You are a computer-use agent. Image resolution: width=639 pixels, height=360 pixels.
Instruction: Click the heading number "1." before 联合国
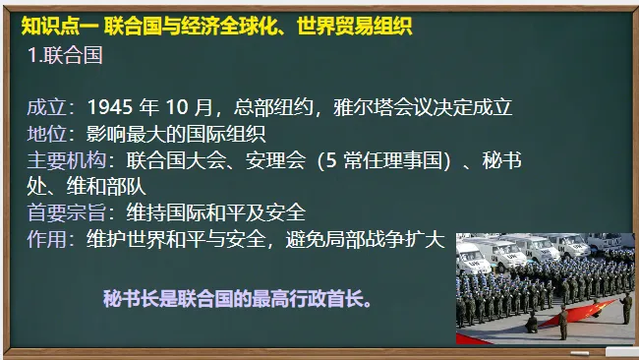[36, 56]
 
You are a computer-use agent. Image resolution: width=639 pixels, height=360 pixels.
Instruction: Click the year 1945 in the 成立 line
[110, 107]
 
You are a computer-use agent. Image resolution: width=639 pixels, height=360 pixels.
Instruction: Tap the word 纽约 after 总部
[297, 107]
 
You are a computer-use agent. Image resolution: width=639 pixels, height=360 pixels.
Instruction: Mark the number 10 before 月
[184, 107]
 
